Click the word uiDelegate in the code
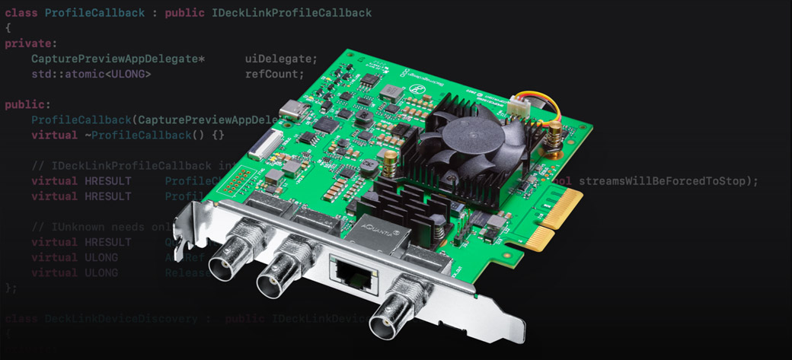pyautogui.click(x=281, y=59)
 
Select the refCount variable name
pyautogui.click(x=274, y=75)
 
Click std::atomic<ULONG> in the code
pyautogui.click(x=91, y=75)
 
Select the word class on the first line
pyautogui.click(x=21, y=14)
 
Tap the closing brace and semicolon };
pyautogui.click(x=11, y=288)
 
